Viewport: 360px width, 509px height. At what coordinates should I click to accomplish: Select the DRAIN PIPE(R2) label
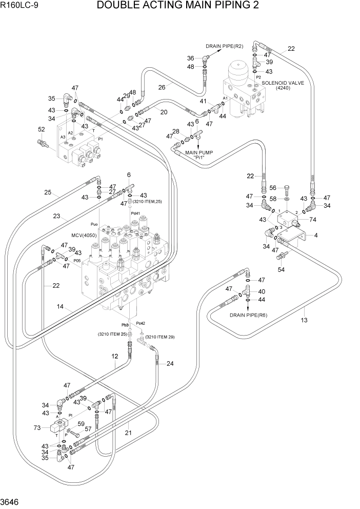click(x=224, y=47)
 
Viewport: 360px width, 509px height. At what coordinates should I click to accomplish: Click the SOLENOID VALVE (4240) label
click(x=283, y=85)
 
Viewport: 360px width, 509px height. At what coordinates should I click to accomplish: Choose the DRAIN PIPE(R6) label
click(x=248, y=315)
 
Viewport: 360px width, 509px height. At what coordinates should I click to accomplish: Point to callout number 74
click(x=313, y=219)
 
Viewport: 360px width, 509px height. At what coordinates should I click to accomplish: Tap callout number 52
click(x=42, y=129)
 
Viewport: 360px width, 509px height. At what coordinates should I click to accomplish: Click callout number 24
click(x=170, y=364)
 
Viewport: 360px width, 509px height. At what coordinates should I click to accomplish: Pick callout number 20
click(x=164, y=112)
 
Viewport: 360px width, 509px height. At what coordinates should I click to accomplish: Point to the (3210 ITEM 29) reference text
click(x=159, y=337)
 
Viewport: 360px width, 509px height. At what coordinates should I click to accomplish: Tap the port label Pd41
click(x=135, y=213)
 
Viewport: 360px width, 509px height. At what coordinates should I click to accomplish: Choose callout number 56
click(x=273, y=188)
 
